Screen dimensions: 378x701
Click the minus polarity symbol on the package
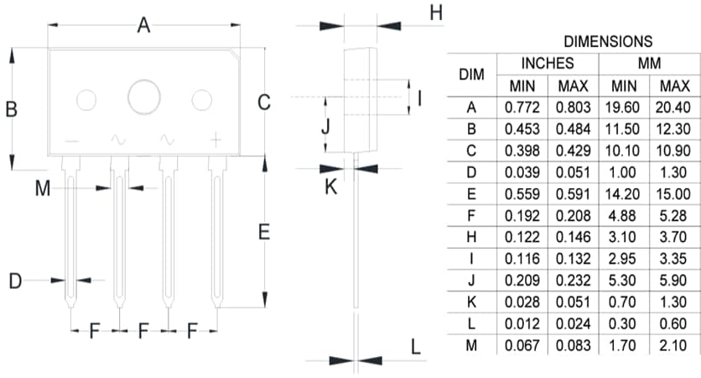coord(70,140)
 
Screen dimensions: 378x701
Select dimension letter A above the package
coord(143,26)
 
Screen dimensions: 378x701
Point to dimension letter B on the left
coord(12,109)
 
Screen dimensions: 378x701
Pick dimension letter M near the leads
coord(43,189)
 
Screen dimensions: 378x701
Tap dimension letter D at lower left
coord(14,281)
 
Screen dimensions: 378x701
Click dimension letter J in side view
coord(326,128)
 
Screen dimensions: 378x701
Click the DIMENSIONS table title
coord(608,41)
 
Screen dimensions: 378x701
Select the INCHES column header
coord(548,63)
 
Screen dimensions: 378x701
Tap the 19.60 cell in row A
coord(624,108)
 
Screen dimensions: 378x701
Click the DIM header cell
coord(472,75)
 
